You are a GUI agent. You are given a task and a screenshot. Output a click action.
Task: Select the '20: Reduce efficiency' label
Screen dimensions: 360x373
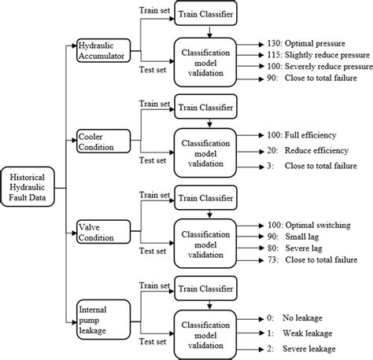302,149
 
